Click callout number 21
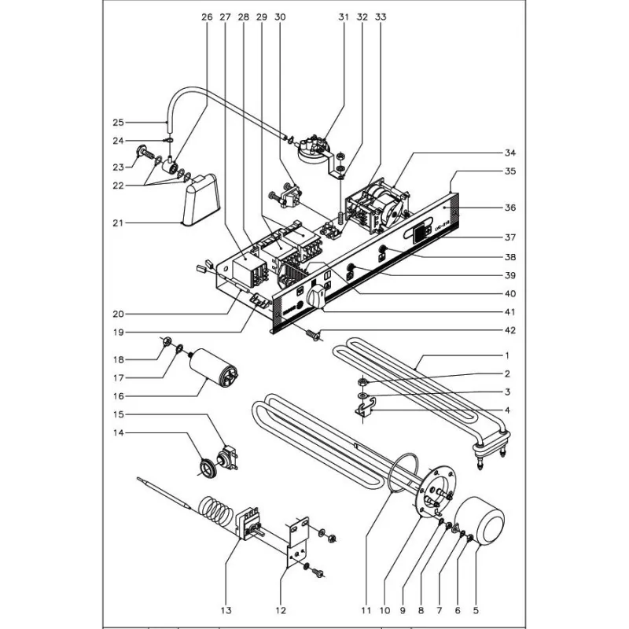click(119, 223)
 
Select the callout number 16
click(119, 395)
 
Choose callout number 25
click(119, 122)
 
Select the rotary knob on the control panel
click(316, 298)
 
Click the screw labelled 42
click(312, 336)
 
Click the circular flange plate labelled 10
click(433, 492)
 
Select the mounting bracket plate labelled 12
click(298, 543)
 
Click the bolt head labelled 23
click(144, 151)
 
